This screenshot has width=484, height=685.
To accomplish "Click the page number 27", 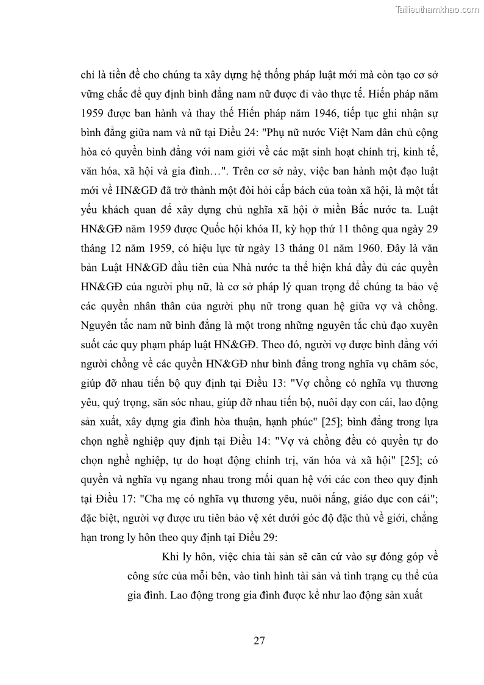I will (258, 640).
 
